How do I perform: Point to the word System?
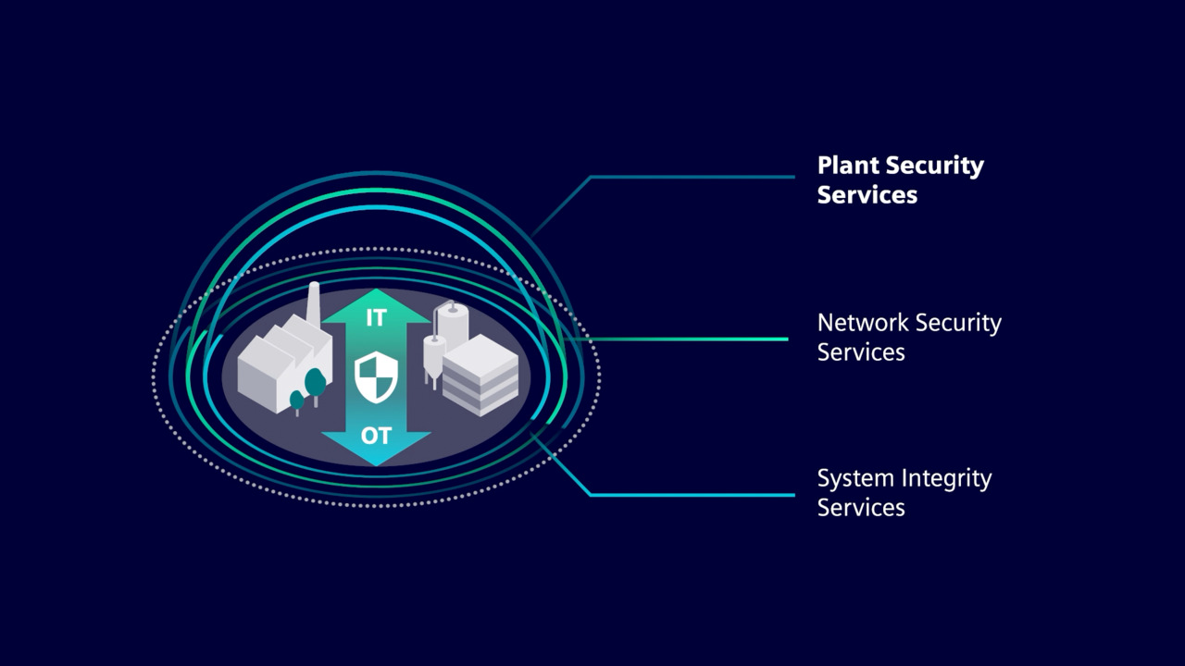(x=856, y=479)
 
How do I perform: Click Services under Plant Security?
(x=867, y=195)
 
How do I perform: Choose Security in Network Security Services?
(x=958, y=323)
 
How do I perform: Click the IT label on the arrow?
(x=376, y=318)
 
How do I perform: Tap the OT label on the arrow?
(x=376, y=435)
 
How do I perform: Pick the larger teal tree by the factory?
(x=315, y=382)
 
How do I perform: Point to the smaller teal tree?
(x=296, y=401)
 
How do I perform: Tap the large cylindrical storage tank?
(x=454, y=326)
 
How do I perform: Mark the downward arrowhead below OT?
(x=376, y=453)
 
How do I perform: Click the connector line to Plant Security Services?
(x=690, y=177)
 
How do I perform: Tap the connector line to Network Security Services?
(x=685, y=339)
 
